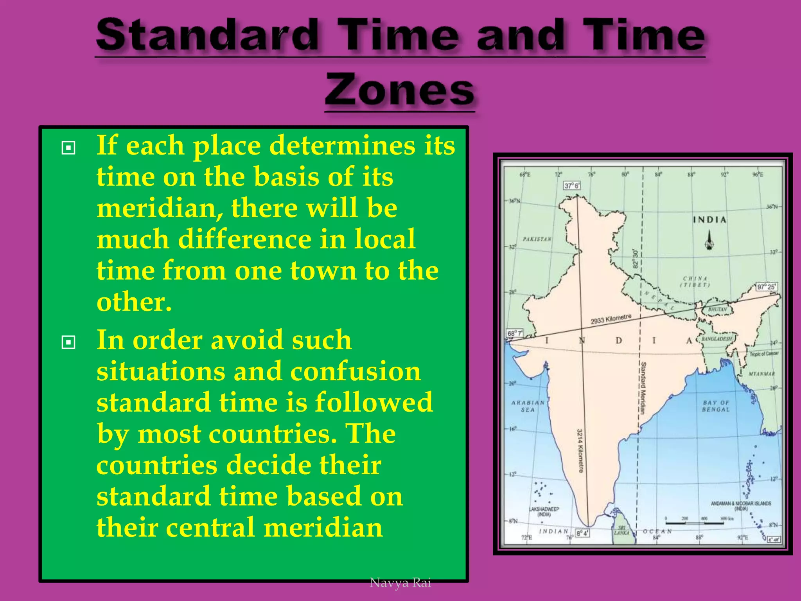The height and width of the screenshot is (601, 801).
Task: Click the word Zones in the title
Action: [400, 91]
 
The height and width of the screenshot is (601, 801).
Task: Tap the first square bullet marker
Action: [68, 148]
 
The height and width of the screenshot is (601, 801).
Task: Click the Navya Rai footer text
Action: [400, 583]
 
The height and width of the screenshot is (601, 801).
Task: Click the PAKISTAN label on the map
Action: [537, 239]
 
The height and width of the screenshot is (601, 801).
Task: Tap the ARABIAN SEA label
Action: [528, 406]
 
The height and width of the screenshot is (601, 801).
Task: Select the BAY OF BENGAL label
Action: [716, 406]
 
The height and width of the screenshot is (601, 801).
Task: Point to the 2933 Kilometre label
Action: [611, 319]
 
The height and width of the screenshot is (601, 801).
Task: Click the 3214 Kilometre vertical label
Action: [580, 450]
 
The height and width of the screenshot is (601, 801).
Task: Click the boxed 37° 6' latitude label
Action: [572, 185]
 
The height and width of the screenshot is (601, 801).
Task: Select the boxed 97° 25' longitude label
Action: [767, 287]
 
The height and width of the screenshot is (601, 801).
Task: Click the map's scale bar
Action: [694, 522]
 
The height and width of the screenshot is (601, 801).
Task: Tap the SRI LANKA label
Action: [621, 530]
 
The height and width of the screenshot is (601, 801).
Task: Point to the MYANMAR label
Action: [761, 374]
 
